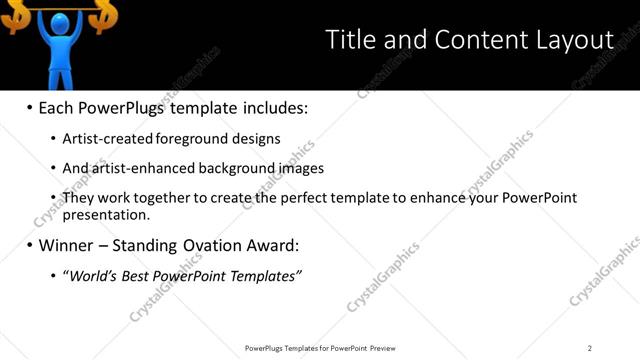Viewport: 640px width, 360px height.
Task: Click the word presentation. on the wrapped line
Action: coord(106,214)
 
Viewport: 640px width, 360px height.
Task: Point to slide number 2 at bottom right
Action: coord(590,348)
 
